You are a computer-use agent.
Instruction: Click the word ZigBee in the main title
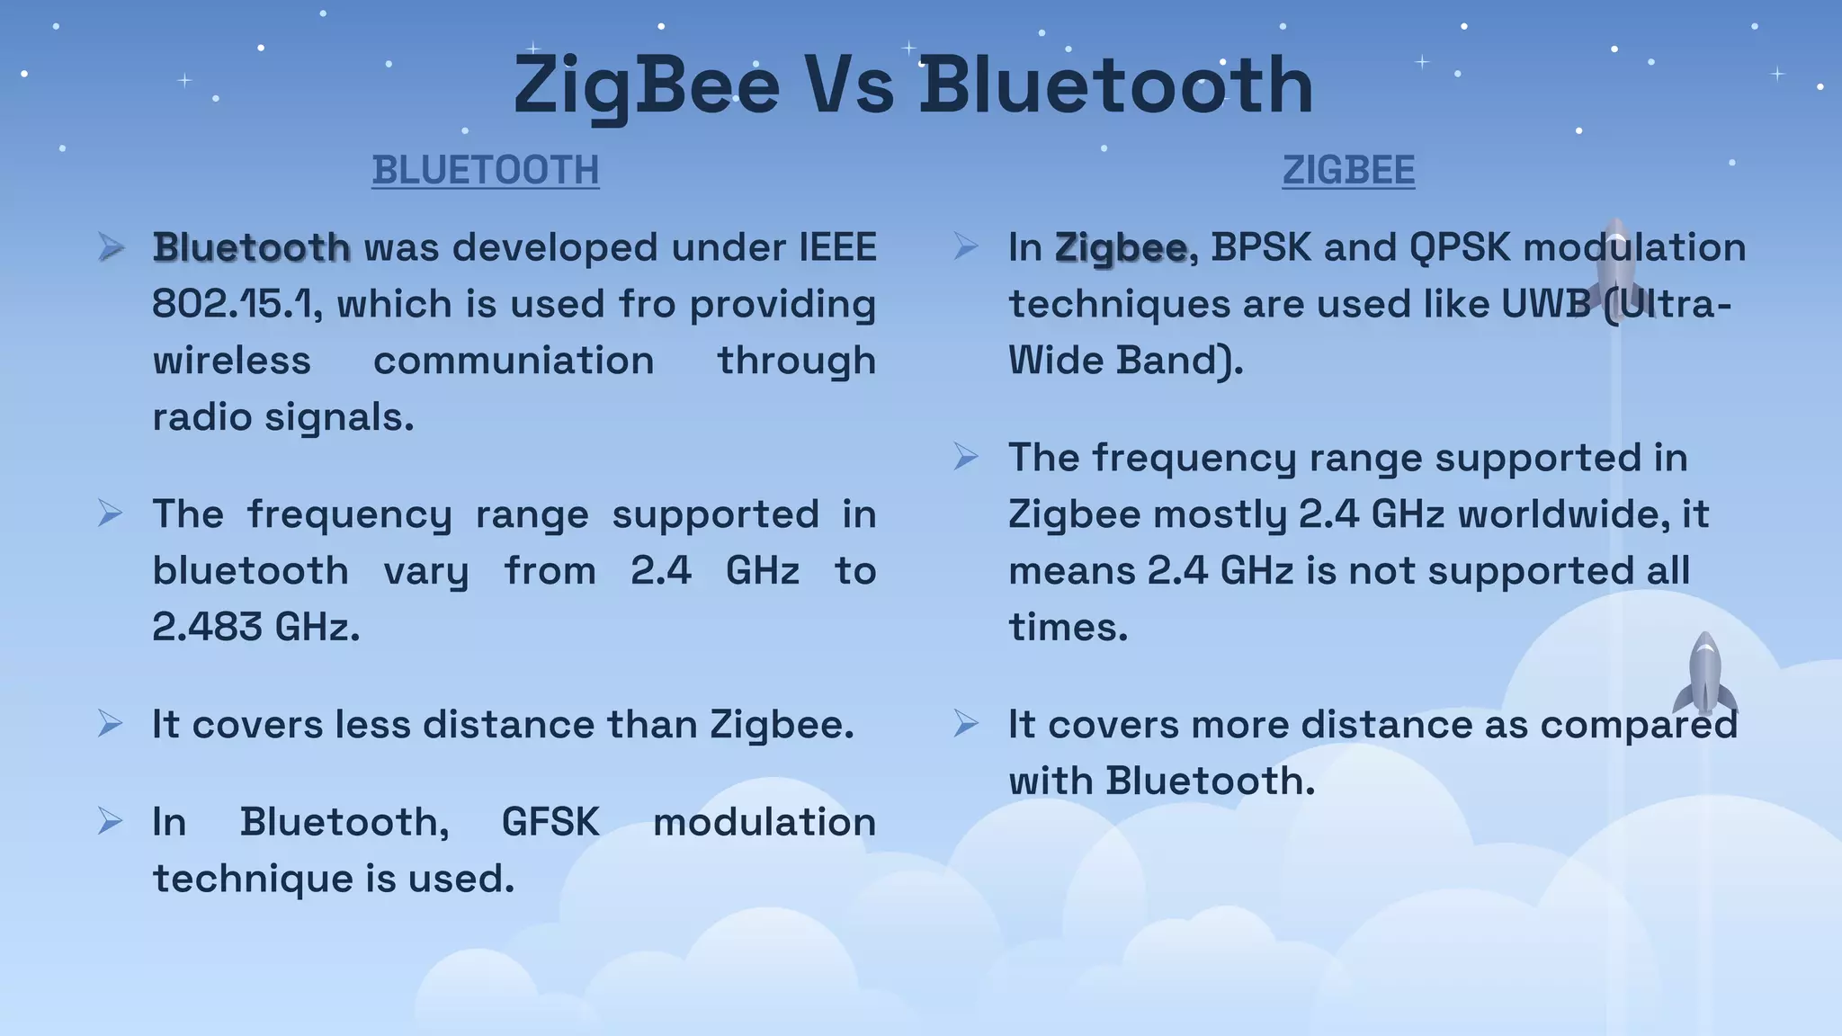(x=646, y=85)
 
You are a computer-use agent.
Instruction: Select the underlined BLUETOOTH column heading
(x=486, y=170)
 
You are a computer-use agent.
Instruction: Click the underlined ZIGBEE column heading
(x=1348, y=170)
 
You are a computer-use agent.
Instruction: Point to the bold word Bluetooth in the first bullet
(x=251, y=247)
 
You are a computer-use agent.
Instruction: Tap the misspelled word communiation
(x=514, y=361)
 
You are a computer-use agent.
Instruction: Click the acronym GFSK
(x=550, y=822)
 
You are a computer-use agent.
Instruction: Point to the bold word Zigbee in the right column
(x=1121, y=247)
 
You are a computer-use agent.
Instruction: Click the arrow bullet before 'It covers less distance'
(x=110, y=723)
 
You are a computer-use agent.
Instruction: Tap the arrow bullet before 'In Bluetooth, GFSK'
(x=110, y=820)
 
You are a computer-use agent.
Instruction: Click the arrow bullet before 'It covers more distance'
(x=965, y=723)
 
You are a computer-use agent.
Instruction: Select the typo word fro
(x=647, y=304)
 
